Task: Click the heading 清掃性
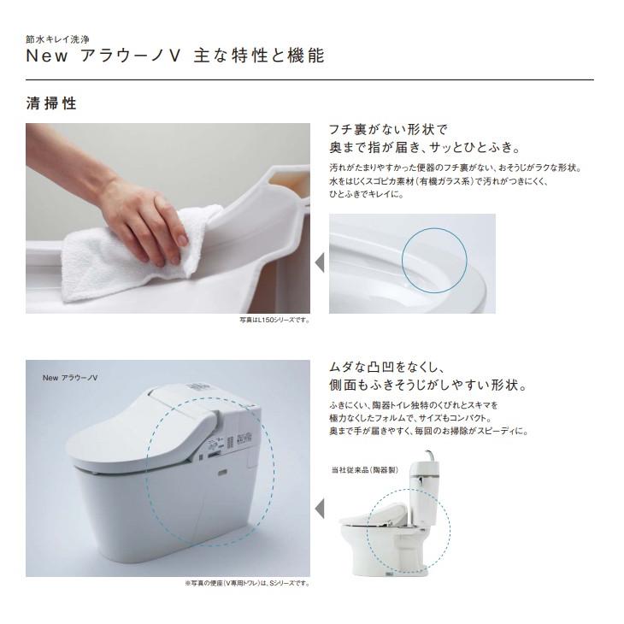51,103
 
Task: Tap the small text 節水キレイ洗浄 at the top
58,39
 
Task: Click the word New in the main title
47,56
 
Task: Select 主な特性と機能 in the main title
259,56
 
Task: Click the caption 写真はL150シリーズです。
274,320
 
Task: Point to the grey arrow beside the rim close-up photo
320,263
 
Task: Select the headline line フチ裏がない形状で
388,129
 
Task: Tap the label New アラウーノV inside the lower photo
70,378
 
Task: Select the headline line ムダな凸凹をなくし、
386,367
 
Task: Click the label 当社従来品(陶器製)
365,470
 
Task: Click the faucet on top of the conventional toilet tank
428,456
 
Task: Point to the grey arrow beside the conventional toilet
320,509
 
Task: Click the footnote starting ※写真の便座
247,584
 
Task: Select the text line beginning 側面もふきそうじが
428,386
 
